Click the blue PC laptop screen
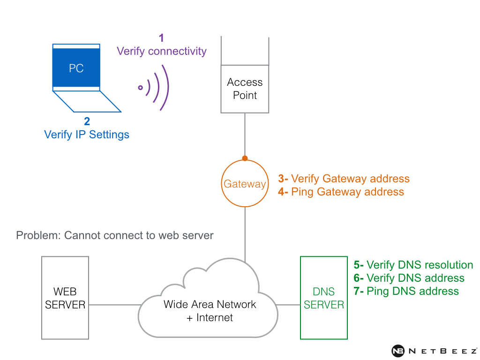point(76,68)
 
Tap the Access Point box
point(245,89)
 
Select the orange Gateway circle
point(245,184)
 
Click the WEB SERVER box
point(65,298)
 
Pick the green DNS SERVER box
point(323,298)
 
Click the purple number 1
point(162,38)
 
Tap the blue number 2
point(87,121)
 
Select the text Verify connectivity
point(162,51)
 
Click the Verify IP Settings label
point(87,135)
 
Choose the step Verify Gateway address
point(350,179)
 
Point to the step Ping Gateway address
point(347,192)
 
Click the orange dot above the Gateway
point(245,158)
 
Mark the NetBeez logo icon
point(398,351)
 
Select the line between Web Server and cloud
point(115,305)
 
